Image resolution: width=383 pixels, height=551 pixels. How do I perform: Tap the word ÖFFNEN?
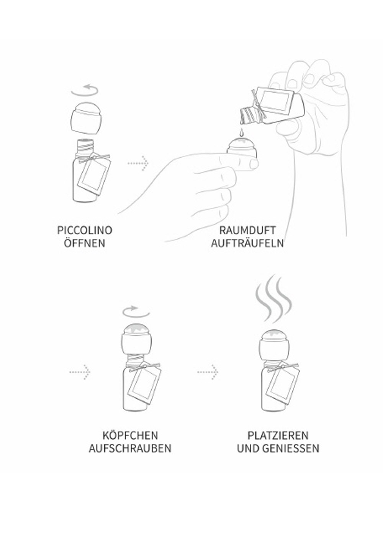point(85,243)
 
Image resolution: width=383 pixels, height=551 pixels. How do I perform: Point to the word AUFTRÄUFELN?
point(248,243)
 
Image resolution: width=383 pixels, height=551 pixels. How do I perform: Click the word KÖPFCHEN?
point(130,435)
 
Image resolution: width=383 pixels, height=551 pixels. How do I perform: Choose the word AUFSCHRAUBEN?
point(130,448)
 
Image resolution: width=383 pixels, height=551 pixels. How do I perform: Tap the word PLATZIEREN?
point(278,435)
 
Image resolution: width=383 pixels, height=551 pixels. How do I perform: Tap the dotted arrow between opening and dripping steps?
point(138,163)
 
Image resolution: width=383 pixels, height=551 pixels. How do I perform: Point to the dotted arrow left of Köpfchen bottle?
point(80,371)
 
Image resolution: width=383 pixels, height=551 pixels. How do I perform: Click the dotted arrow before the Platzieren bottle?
point(208,371)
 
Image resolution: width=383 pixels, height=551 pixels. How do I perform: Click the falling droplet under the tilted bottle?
point(242,133)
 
